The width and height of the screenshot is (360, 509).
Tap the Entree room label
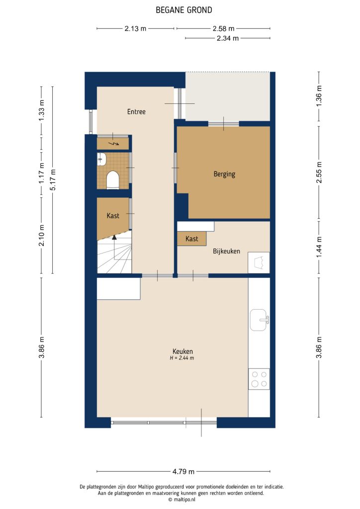136,112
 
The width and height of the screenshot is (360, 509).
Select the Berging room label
224,174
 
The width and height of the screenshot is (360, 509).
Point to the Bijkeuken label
226,251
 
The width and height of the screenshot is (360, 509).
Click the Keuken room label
183,351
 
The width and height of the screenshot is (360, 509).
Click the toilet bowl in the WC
113,179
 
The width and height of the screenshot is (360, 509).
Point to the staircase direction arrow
114,239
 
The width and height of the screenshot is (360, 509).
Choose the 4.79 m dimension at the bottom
183,471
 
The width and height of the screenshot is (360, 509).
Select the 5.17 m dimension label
53,179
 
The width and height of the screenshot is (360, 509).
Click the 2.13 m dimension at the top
135,28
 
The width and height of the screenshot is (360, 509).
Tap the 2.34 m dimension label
227,38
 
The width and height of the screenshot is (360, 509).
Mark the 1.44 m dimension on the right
319,247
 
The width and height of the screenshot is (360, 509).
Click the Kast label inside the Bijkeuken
192,239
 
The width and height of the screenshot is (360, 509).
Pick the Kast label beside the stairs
113,216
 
